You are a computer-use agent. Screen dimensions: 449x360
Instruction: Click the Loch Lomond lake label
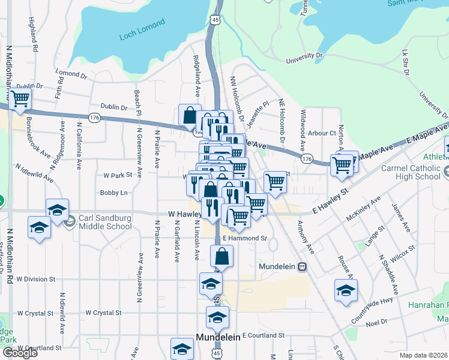pos(142,23)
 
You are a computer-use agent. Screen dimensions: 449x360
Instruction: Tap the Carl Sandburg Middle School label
pos(106,221)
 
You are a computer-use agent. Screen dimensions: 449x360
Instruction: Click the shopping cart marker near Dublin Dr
pos(20,98)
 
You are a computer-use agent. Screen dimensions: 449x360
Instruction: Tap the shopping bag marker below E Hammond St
pos(221,256)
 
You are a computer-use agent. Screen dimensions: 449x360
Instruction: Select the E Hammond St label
pos(244,238)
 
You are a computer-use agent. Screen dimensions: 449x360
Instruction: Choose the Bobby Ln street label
pos(114,193)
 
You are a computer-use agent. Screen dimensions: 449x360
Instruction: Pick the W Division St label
pos(35,279)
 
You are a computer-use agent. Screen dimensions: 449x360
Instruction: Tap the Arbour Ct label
pos(321,133)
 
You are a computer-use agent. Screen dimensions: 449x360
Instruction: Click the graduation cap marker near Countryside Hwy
pos(345,292)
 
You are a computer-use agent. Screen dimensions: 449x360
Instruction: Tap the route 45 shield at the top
pos(214,20)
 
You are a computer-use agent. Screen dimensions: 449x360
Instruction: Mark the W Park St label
pos(117,176)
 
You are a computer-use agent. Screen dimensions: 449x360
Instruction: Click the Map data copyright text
pos(423,355)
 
